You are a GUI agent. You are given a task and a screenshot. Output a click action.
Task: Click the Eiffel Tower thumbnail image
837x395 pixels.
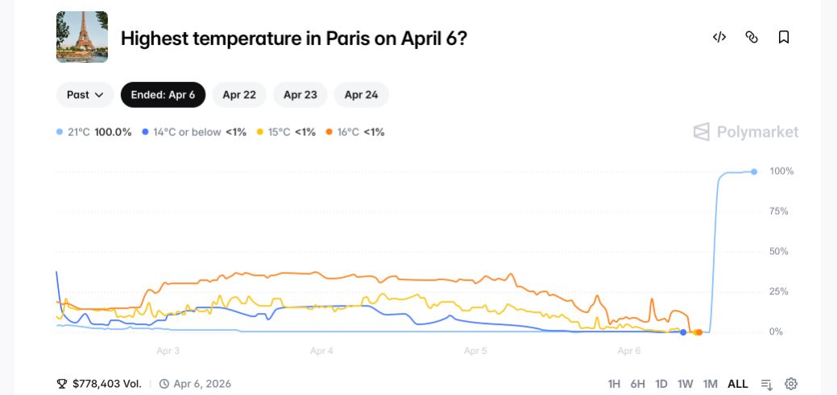pyautogui.click(x=82, y=37)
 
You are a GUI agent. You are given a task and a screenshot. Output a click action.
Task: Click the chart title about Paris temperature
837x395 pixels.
pyautogui.click(x=293, y=38)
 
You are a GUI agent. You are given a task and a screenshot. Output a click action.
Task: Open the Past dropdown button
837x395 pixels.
pyautogui.click(x=85, y=95)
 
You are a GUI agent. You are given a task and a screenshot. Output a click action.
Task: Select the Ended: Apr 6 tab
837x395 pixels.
pyautogui.click(x=163, y=95)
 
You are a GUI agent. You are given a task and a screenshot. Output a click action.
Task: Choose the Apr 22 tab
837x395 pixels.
pyautogui.click(x=239, y=95)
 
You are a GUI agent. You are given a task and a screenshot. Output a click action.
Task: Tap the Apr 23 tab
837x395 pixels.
pyautogui.click(x=300, y=95)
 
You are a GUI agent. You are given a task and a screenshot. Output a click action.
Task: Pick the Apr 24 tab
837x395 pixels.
pyautogui.click(x=361, y=95)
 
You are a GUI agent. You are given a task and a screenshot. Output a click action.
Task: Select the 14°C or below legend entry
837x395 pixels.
pyautogui.click(x=193, y=132)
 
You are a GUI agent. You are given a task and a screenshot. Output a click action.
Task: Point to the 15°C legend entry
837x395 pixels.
pyautogui.click(x=285, y=132)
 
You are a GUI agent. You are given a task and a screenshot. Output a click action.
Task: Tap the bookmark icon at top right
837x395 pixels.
pyautogui.click(x=783, y=37)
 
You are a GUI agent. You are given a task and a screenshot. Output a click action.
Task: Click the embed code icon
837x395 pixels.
pyautogui.click(x=719, y=37)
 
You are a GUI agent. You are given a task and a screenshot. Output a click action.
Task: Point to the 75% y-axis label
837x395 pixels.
pyautogui.click(x=779, y=212)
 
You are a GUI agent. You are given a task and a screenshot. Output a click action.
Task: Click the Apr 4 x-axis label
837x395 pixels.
pyautogui.click(x=321, y=351)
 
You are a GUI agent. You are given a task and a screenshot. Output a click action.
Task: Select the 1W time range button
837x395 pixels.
pyautogui.click(x=685, y=384)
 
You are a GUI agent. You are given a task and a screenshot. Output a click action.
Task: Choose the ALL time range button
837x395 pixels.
pyautogui.click(x=737, y=384)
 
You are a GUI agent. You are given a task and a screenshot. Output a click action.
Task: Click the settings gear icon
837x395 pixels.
pyautogui.click(x=791, y=384)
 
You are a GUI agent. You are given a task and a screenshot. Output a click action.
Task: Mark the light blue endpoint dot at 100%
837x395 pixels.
pyautogui.click(x=754, y=171)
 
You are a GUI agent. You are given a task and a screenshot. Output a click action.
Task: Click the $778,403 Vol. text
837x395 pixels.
pyautogui.click(x=106, y=384)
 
